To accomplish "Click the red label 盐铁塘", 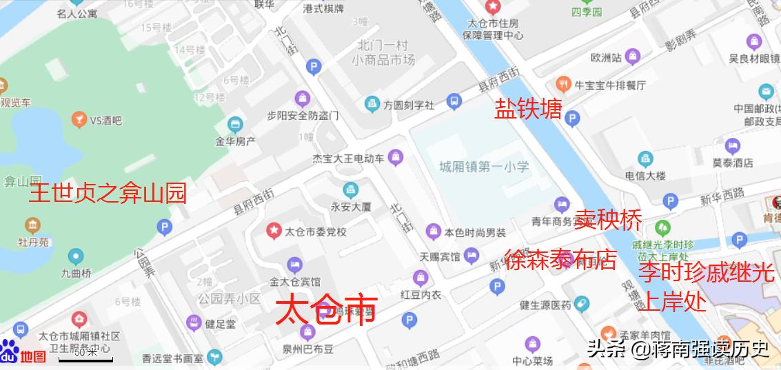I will [528, 108].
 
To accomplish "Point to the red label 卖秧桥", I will [609, 220].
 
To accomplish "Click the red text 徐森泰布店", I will [560, 260].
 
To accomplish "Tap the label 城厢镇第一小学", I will [484, 166].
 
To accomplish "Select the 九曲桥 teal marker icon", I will [76, 256].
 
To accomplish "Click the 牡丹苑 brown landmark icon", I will [32, 225].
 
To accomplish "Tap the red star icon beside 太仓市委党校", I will [274, 230].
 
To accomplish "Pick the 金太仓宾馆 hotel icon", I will [295, 265].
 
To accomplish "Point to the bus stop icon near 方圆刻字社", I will [454, 102].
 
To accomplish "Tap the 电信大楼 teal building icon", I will [645, 158].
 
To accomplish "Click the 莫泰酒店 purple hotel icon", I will [732, 146].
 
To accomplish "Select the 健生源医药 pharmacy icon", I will [582, 303].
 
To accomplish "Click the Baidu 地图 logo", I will [23, 353].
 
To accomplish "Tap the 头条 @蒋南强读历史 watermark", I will [678, 349].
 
